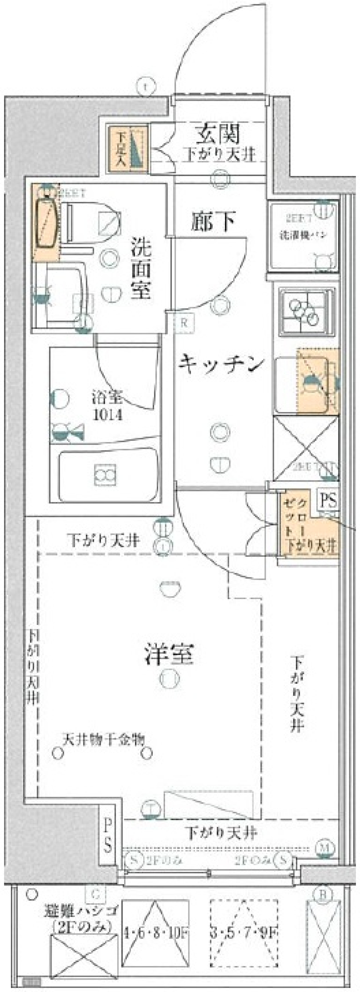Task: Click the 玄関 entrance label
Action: tap(219, 134)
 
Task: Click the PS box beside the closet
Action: tap(328, 501)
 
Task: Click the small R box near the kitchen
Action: tap(184, 323)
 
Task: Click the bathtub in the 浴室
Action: tap(108, 476)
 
